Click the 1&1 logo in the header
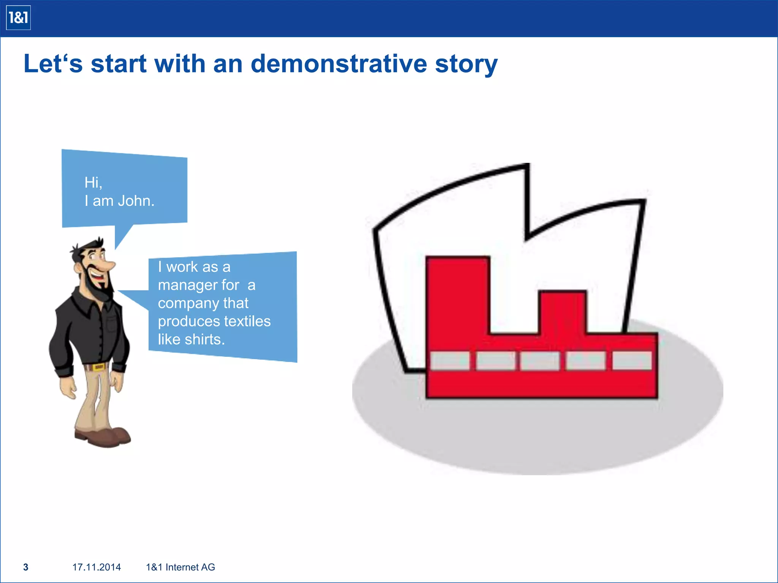click(18, 18)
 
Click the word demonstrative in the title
click(339, 63)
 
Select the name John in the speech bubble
click(136, 201)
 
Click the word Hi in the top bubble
click(92, 183)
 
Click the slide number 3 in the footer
click(26, 567)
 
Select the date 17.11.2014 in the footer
click(96, 567)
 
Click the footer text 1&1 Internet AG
click(180, 567)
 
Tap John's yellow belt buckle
click(98, 367)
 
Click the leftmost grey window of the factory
click(450, 361)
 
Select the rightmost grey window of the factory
click(632, 361)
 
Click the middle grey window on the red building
click(540, 361)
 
